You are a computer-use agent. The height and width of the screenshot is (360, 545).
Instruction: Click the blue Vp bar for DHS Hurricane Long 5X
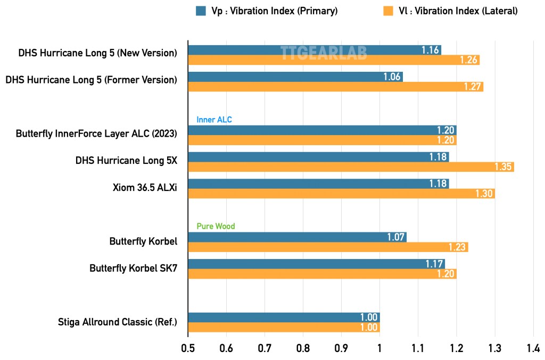318,157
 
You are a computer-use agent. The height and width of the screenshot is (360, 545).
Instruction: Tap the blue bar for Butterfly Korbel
297,237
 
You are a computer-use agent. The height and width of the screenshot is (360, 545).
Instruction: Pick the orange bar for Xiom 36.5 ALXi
341,194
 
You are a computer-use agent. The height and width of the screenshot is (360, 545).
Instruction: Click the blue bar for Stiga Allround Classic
284,317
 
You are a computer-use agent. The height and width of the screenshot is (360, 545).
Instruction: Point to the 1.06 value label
392,77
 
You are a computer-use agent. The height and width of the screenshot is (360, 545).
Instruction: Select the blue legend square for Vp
201,11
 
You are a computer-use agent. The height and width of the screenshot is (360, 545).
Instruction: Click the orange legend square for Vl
388,11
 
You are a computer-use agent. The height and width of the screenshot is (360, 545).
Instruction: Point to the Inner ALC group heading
214,120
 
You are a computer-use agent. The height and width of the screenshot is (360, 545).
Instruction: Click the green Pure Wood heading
216,227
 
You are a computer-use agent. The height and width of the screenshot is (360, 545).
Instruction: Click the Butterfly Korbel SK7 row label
133,269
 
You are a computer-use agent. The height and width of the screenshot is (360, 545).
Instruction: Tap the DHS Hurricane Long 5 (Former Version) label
91,80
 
